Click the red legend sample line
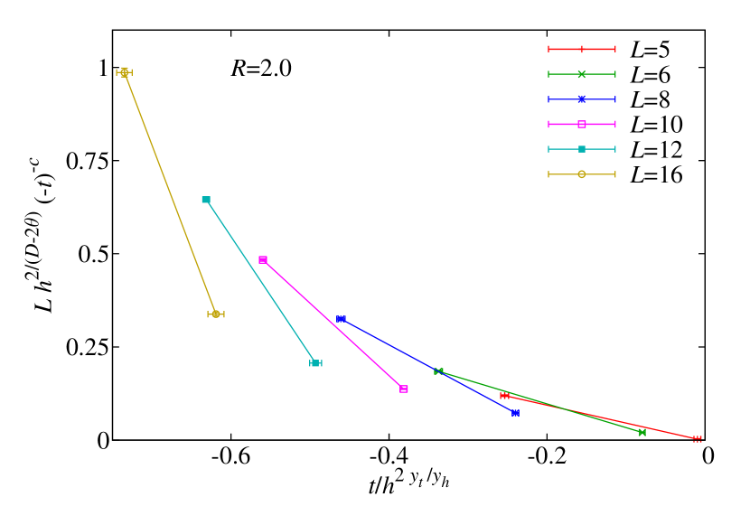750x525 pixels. click(582, 49)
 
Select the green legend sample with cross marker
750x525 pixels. click(582, 74)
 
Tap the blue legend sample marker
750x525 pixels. click(582, 99)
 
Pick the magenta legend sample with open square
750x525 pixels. click(582, 124)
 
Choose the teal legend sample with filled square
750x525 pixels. click(582, 149)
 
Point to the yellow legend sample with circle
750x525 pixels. click(582, 174)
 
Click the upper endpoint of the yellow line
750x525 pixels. click(125, 72)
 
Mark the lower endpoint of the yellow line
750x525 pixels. click(216, 314)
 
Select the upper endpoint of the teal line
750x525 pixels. click(206, 200)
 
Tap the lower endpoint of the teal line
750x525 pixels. click(315, 363)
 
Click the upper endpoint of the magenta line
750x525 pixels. click(263, 259)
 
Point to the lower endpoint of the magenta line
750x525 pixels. click(404, 389)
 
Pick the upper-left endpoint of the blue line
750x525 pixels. click(341, 319)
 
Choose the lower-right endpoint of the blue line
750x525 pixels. click(515, 413)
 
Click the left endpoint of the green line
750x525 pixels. click(438, 371)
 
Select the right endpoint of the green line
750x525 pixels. click(642, 433)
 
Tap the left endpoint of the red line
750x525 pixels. click(504, 396)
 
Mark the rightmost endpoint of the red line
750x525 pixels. click(698, 439)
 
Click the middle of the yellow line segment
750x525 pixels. click(170, 193)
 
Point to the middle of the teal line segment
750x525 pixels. click(260, 281)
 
